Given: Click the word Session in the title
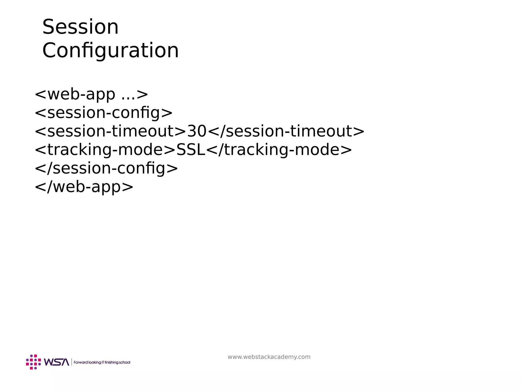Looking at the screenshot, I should coord(80,27).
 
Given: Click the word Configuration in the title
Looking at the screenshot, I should coord(110,50).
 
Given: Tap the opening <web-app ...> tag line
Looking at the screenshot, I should coord(91,94).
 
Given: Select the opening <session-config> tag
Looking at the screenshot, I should coord(104,113).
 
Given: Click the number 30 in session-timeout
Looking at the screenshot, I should coord(197,131).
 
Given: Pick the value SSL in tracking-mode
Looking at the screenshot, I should coord(191,150).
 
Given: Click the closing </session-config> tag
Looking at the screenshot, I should coord(106,168).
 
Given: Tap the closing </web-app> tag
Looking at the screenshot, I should coord(84,187).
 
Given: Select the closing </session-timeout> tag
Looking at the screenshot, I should coord(286,131).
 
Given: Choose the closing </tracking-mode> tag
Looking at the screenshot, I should coord(279,150).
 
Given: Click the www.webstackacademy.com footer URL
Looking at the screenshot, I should coord(269,357).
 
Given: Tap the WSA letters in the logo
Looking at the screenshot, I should coord(56,362).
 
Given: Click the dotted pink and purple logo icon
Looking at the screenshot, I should coord(33,362).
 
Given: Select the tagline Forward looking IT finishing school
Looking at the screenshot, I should coord(102,362).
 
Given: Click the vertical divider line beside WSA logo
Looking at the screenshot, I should coord(71,362).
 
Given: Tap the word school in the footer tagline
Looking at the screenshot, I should coord(125,362).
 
